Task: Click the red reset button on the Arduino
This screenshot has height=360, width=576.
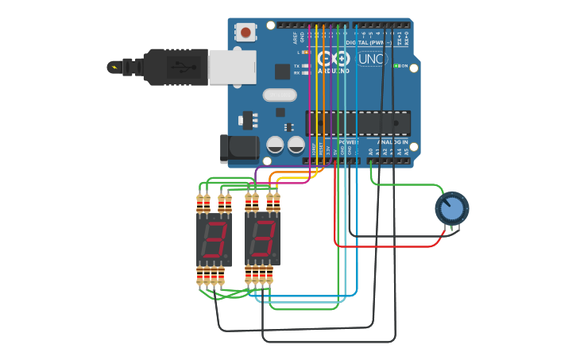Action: (x=245, y=33)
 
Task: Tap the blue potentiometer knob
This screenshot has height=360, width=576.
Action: (x=451, y=209)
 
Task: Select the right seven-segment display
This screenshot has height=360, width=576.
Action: (x=262, y=238)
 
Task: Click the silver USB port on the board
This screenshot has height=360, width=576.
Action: (x=232, y=67)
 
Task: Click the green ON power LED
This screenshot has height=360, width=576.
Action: (x=396, y=66)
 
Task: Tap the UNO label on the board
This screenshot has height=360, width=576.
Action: (x=371, y=59)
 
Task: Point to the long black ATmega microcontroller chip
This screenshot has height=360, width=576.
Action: (x=358, y=122)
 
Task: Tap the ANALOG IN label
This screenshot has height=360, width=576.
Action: (x=392, y=142)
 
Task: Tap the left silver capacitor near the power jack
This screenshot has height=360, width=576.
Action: (x=275, y=145)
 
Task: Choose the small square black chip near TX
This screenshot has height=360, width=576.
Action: (x=282, y=72)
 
